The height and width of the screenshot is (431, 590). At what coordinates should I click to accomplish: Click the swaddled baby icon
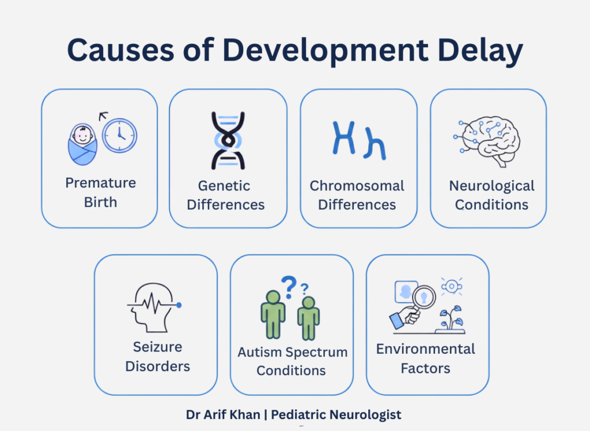(82, 143)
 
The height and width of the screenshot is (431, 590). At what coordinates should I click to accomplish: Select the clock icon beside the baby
(120, 136)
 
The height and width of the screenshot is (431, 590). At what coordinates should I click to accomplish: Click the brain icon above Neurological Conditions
(489, 141)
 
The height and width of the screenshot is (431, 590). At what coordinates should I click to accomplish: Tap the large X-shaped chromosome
(344, 138)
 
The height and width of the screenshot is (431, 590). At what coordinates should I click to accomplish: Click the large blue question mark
(289, 286)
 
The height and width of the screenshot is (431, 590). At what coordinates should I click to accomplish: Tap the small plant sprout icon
(451, 318)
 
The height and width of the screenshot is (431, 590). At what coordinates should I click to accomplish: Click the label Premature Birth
(100, 193)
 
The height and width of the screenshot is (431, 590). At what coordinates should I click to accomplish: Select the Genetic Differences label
(225, 195)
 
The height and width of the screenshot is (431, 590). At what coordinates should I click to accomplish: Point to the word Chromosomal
(357, 186)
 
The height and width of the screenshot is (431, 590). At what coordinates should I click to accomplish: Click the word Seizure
(157, 347)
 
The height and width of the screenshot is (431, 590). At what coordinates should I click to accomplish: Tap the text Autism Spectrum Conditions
(292, 361)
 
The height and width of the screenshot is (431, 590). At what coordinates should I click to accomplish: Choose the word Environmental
(426, 348)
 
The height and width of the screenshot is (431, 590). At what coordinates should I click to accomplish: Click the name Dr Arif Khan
(222, 414)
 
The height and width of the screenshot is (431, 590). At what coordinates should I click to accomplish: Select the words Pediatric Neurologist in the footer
(336, 414)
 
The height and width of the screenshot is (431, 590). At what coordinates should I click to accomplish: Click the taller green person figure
(273, 314)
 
